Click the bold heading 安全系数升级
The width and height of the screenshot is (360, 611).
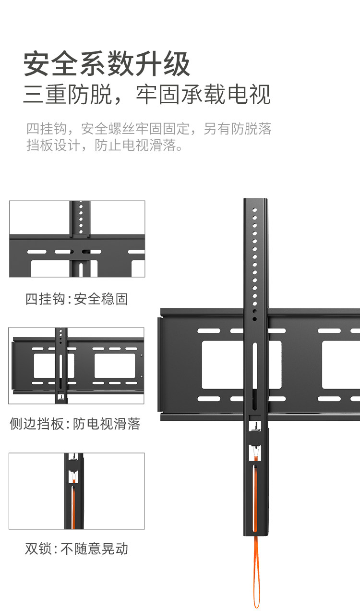[107, 64]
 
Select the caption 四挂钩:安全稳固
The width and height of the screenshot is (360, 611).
[77, 299]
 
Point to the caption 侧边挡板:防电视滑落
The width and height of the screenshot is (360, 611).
[75, 424]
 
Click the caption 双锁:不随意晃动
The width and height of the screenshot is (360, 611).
[77, 549]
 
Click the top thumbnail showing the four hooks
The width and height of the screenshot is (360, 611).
[77, 239]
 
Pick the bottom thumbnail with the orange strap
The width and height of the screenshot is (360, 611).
[77, 491]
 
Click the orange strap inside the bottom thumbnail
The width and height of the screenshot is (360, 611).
[73, 504]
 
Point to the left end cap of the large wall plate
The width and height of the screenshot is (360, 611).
[158, 365]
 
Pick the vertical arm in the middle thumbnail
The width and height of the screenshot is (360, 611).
[61, 365]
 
